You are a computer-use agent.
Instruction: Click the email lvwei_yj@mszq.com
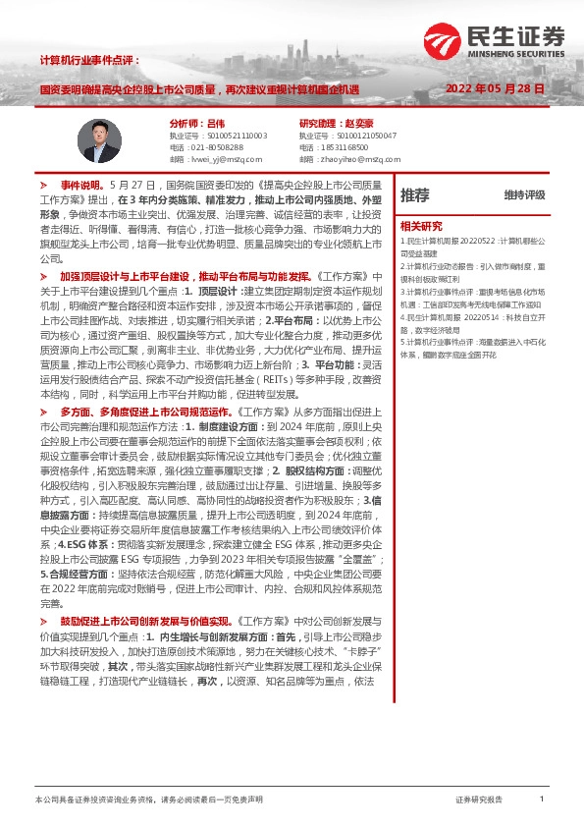click(227, 158)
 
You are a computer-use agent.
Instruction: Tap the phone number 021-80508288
click(221, 146)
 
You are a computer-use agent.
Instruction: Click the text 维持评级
click(524, 195)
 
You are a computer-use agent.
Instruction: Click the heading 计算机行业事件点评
click(89, 60)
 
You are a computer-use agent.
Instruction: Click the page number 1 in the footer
click(541, 799)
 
